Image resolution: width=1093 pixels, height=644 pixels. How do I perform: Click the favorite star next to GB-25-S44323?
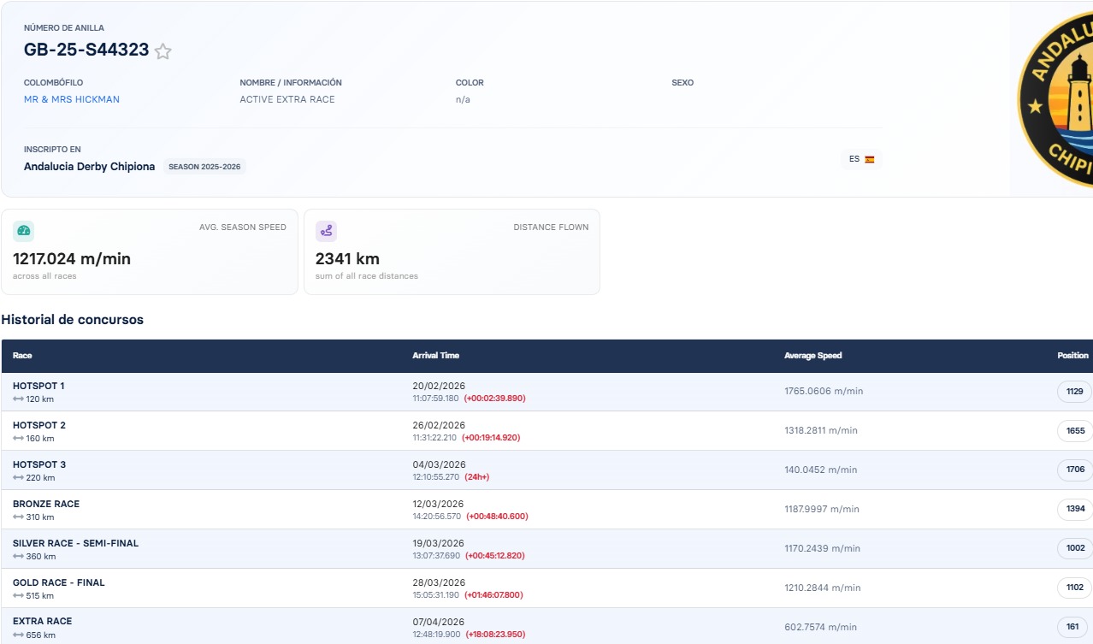[x=163, y=51]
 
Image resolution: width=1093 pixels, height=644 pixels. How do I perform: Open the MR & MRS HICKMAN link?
[x=72, y=99]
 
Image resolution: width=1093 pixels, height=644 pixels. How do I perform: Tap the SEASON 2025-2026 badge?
[x=204, y=167]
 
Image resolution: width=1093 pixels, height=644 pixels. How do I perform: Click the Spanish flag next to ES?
[x=870, y=160]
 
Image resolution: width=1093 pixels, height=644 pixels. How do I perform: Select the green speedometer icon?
[x=23, y=231]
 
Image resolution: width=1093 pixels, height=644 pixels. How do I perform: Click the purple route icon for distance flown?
[x=326, y=231]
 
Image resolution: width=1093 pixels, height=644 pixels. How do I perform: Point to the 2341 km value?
[x=347, y=258]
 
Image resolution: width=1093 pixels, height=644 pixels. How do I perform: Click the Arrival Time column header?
[x=435, y=355]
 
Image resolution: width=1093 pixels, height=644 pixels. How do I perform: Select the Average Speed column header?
[x=813, y=355]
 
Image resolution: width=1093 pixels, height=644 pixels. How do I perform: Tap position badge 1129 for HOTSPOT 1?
[x=1074, y=392]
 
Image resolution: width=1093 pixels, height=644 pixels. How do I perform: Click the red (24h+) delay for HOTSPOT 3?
[x=476, y=476]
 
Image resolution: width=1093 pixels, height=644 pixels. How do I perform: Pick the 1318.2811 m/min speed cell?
[x=821, y=430]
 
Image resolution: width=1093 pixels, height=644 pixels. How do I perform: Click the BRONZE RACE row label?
[x=46, y=504]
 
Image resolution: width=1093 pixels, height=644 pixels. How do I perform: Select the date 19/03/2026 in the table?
[x=438, y=543]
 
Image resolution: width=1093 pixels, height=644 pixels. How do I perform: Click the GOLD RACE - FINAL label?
[x=58, y=582]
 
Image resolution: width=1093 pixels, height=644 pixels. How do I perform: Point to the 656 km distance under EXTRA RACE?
[x=40, y=635]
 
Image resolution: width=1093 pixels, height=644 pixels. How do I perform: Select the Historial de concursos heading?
[x=72, y=320]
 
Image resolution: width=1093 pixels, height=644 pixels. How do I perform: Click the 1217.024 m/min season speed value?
[x=72, y=258]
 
